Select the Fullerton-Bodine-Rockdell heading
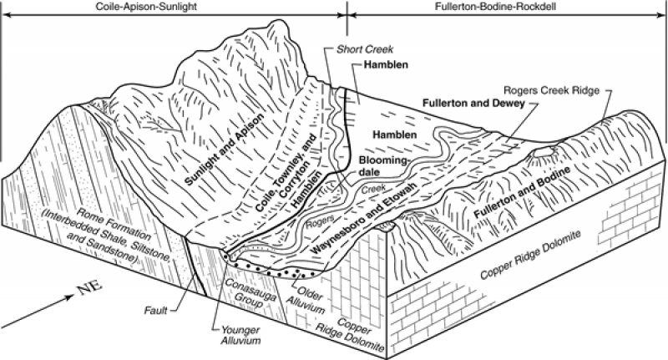[x=495, y=7]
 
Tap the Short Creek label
[x=365, y=49]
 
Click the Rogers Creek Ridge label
[x=551, y=90]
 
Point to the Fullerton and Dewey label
[x=473, y=103]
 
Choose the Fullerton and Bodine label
[x=522, y=193]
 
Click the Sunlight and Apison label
[x=225, y=150]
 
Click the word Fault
[x=155, y=310]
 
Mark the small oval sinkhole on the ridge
[x=544, y=153]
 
